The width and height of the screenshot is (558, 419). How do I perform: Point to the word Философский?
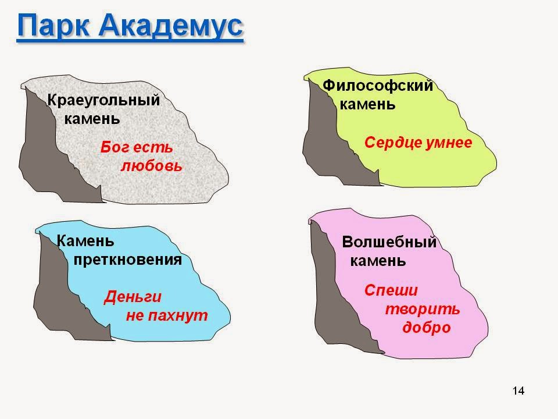378,86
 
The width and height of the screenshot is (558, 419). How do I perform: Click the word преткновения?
128,260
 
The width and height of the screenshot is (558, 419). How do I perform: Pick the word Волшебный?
389,242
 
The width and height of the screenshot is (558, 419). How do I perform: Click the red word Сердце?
392,143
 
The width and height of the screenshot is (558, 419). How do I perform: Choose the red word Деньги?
133,297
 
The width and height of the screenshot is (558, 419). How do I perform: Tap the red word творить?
422,308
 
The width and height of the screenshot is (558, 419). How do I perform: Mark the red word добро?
427,327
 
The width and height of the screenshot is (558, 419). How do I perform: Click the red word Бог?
113,147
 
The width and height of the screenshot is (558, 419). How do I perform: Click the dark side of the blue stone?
58,291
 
